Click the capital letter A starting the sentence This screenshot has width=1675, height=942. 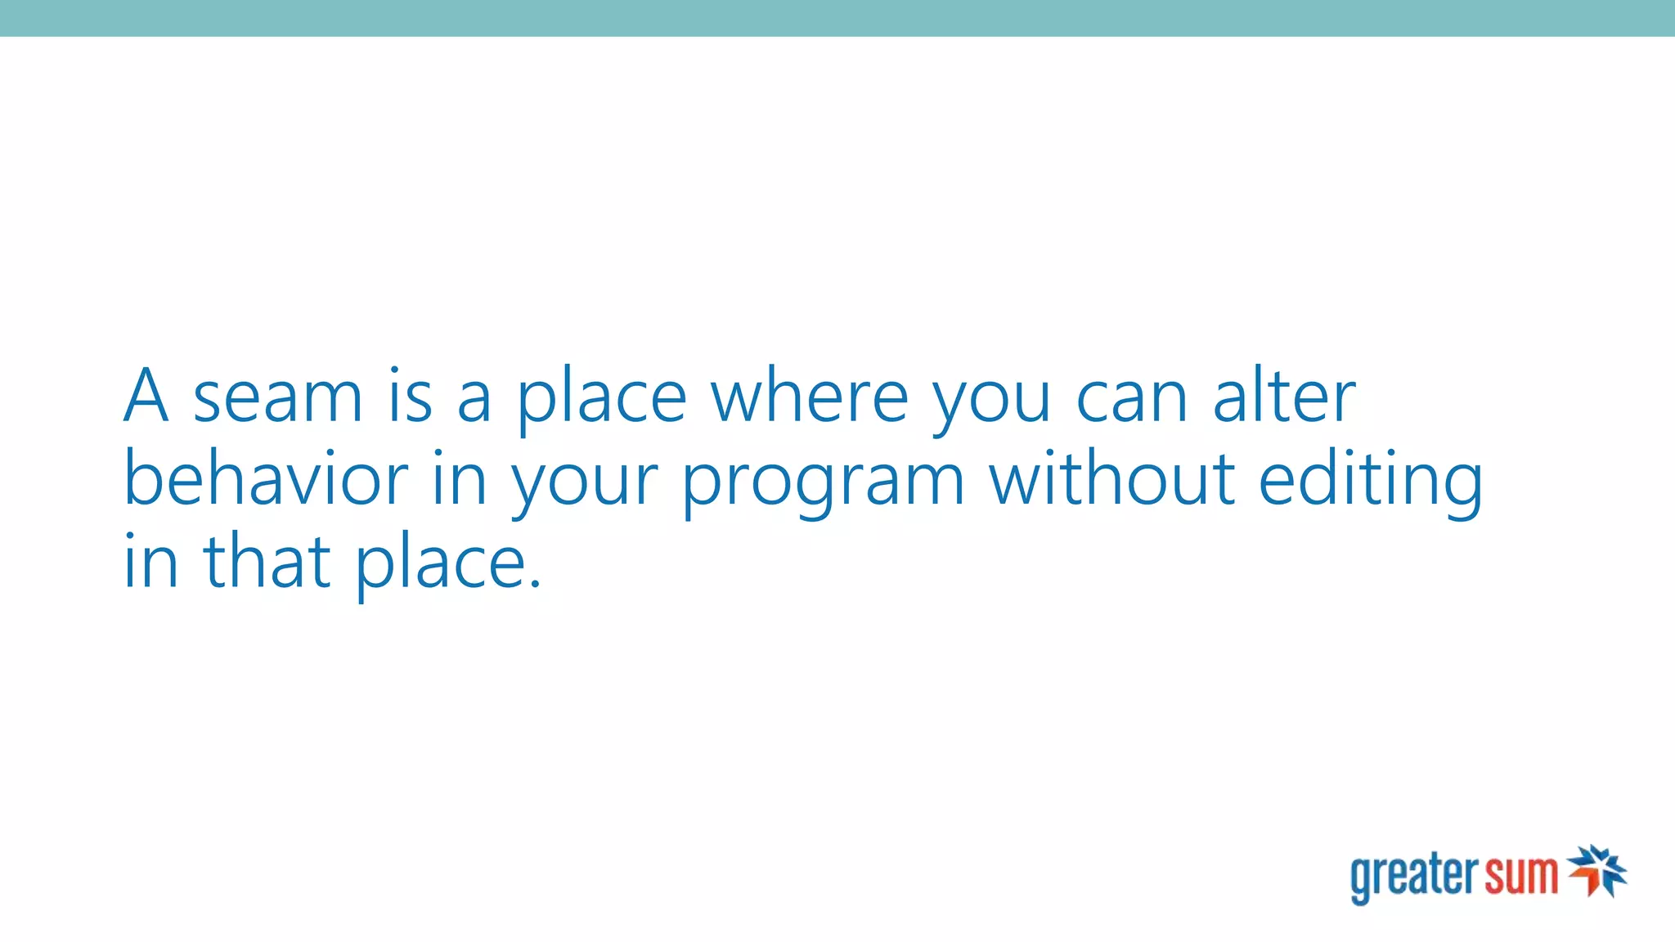coord(146,396)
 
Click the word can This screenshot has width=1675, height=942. coord(1132,399)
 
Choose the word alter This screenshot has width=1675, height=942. coord(1284,396)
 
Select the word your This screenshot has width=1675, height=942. coord(584,485)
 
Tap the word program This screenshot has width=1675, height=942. coord(823,485)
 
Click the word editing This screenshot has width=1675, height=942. coord(1371,482)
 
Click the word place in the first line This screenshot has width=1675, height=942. coord(602,401)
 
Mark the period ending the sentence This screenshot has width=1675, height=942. coord(535,582)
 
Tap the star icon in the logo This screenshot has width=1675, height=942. coord(1597,871)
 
